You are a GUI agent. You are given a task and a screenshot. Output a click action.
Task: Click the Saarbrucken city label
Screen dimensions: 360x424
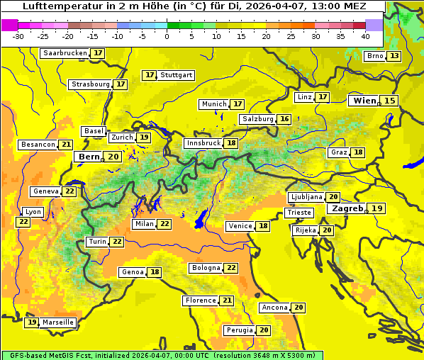(65, 53)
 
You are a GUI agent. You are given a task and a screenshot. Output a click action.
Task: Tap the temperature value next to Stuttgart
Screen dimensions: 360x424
(149, 75)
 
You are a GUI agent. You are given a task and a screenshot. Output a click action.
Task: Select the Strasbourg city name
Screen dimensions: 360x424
(90, 84)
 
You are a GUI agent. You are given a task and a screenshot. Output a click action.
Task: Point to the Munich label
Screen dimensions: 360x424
(213, 104)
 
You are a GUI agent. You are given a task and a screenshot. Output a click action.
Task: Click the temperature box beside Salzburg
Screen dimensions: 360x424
(284, 119)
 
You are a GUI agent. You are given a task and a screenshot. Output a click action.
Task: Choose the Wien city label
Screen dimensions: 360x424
(365, 101)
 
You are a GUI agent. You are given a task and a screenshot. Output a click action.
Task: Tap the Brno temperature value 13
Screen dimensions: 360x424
(394, 56)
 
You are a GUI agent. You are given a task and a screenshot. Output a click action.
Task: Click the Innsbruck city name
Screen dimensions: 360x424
(203, 143)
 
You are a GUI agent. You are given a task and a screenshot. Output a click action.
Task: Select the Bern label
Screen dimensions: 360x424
(89, 157)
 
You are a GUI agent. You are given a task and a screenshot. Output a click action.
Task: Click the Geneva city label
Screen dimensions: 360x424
(45, 191)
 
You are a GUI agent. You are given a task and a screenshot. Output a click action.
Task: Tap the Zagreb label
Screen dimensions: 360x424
(346, 208)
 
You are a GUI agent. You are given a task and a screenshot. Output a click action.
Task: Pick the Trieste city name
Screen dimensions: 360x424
(299, 213)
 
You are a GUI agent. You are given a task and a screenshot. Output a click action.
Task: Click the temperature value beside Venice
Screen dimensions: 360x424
(264, 226)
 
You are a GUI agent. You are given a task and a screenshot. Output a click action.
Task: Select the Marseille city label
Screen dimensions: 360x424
(57, 322)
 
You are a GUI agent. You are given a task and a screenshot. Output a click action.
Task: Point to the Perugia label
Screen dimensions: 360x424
(239, 330)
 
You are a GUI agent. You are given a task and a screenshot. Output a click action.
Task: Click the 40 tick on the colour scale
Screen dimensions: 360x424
(365, 36)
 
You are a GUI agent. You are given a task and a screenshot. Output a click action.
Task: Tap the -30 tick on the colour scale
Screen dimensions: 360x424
(18, 36)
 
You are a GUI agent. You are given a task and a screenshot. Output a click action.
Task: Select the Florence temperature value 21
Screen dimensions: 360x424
(227, 300)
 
